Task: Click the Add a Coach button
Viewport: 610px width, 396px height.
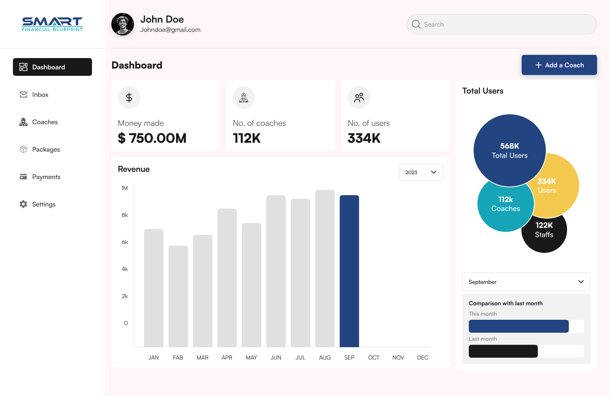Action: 559,65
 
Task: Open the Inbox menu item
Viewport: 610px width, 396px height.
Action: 40,95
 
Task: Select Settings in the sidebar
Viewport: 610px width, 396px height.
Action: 44,204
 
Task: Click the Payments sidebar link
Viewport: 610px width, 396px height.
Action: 46,177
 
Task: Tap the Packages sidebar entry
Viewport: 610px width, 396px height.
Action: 46,150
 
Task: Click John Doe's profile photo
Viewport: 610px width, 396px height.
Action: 123,24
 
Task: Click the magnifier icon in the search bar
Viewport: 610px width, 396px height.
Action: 416,25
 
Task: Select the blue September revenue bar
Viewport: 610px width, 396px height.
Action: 349,271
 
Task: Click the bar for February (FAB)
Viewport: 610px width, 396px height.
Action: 178,296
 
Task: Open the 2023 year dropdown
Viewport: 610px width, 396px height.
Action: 421,172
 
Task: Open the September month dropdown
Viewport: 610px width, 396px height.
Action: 526,282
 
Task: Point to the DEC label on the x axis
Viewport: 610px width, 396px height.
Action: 422,358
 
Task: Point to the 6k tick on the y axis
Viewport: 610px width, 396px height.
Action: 125,242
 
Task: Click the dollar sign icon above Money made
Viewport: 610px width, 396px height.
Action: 129,98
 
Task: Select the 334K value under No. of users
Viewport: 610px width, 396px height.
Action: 364,138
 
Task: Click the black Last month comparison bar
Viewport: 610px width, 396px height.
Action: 503,351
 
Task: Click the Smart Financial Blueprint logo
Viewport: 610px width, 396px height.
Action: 52,24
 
